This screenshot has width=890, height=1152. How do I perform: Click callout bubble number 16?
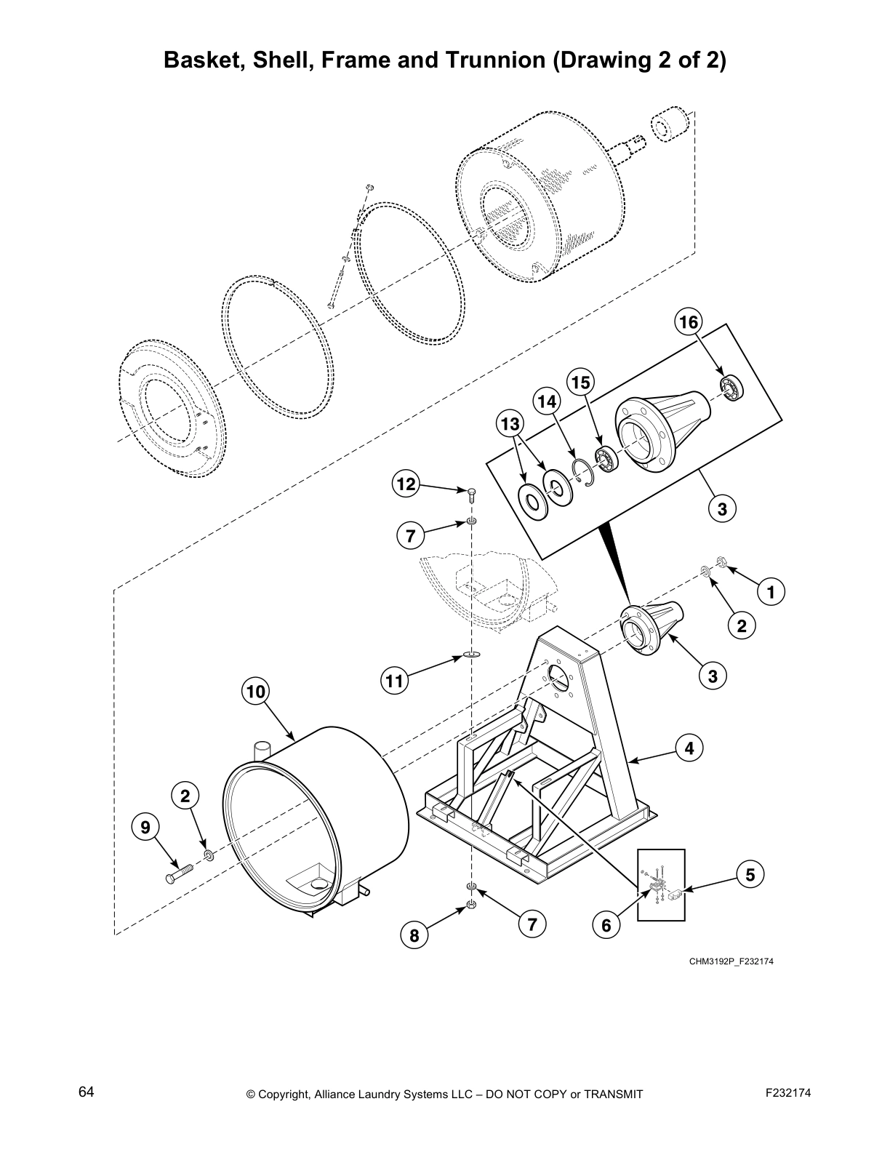tap(688, 321)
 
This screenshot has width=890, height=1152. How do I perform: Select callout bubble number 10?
tap(256, 691)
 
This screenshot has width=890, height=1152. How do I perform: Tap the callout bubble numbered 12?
tap(406, 484)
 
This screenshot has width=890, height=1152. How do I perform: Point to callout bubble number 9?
tap(145, 827)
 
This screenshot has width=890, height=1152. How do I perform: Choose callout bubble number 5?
tap(750, 874)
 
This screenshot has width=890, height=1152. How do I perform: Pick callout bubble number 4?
tap(689, 747)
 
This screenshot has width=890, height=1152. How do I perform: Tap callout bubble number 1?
tap(771, 592)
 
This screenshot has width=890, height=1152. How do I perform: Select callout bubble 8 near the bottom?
tap(414, 936)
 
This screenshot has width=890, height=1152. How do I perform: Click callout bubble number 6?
tap(606, 925)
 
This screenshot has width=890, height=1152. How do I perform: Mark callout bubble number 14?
tap(547, 401)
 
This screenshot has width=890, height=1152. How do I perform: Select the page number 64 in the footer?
tap(86, 1092)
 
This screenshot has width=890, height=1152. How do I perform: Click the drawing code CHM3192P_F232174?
tap(731, 962)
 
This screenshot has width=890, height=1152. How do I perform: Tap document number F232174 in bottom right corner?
tap(788, 1092)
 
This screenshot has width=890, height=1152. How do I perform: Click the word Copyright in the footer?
tap(286, 1094)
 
